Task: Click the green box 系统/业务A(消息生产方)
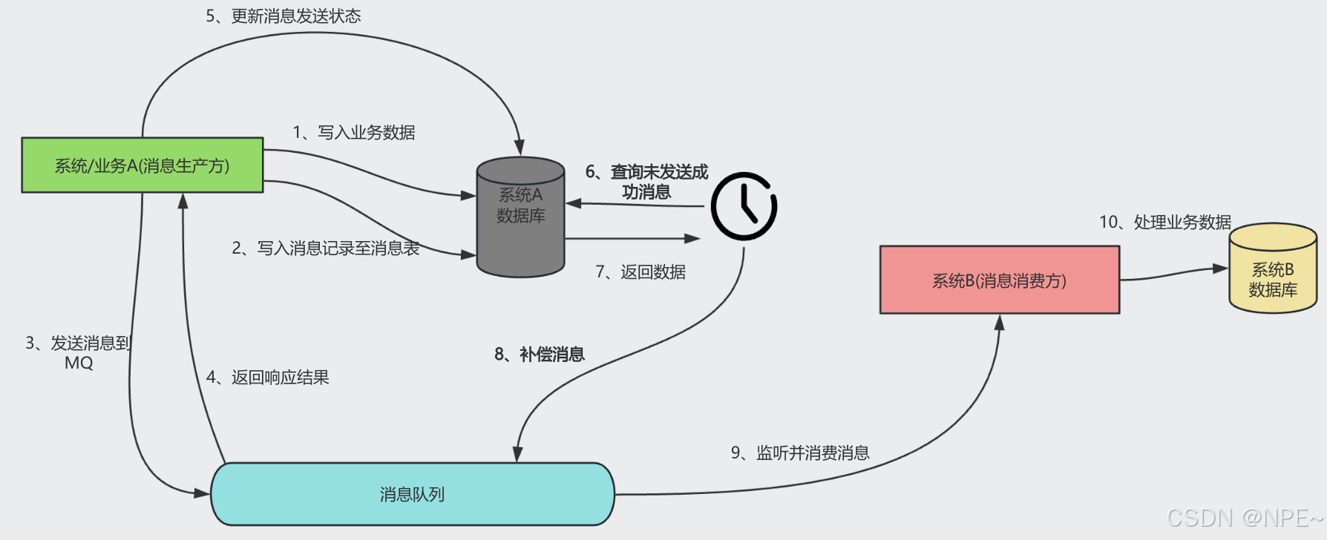142,165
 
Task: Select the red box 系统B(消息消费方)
999,280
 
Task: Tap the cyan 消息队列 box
413,494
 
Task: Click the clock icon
744,206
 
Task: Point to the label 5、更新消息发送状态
284,16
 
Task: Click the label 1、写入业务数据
354,133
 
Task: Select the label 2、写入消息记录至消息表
326,248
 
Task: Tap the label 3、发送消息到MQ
78,352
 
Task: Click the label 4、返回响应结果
268,378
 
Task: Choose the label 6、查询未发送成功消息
646,182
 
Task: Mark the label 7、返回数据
640,272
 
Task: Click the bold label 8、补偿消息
540,355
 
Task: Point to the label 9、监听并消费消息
800,453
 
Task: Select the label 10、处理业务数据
1165,222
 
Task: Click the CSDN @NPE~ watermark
1245,518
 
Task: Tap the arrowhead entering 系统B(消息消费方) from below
999,323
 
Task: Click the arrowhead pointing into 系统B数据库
1220,269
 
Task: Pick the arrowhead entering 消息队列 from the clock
518,454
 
